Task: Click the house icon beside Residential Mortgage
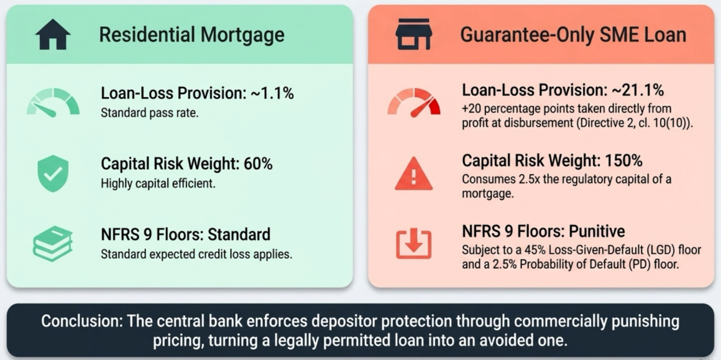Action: click(x=53, y=34)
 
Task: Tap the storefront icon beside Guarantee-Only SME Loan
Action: click(x=413, y=34)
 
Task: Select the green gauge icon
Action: click(x=53, y=102)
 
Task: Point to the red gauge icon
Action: click(x=414, y=102)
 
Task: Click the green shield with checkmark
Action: click(x=53, y=173)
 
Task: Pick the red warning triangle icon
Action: click(x=414, y=173)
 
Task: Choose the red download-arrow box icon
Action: click(x=414, y=244)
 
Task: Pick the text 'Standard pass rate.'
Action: click(x=150, y=113)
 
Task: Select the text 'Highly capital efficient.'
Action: click(x=158, y=184)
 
